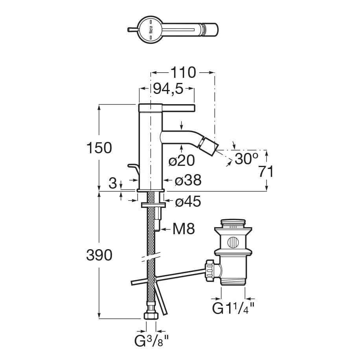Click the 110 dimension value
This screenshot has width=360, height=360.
pos(183,73)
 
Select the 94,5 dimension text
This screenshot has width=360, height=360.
pos(168,88)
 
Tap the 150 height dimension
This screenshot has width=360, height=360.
pos(99,148)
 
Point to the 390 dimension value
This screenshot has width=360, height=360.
pos(99,255)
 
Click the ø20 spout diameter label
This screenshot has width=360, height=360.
pos(182,160)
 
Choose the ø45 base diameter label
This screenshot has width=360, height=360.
pos(188,201)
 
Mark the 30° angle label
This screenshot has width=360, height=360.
pos(246,158)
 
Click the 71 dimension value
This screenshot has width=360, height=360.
pos(266,171)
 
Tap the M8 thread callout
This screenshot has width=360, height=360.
pos(184,229)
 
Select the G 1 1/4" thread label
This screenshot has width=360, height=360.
pos(233,308)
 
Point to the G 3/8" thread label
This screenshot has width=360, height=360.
pos(152,341)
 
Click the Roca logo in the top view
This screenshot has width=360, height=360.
pos(151,30)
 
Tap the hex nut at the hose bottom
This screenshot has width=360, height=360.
pos(151,315)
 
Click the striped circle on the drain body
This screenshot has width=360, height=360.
pos(233,242)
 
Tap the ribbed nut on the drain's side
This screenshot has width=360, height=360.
pos(210,270)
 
